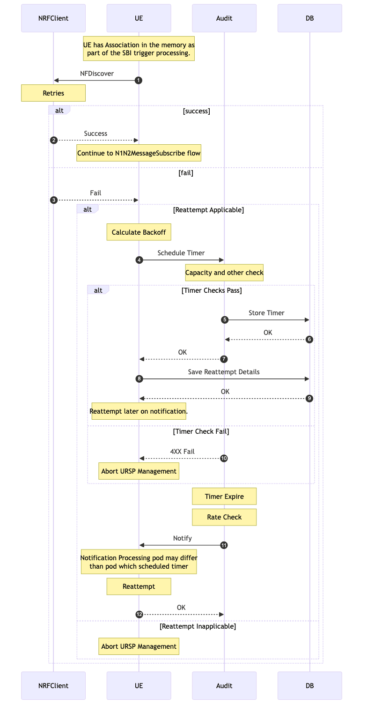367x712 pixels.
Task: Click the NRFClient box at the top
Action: pyautogui.click(x=53, y=18)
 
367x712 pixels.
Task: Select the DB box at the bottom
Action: pyautogui.click(x=309, y=686)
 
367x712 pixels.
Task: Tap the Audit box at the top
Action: pyautogui.click(x=224, y=18)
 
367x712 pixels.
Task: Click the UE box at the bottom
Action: pyautogui.click(x=139, y=686)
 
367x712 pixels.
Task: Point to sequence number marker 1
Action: pyautogui.click(x=139, y=81)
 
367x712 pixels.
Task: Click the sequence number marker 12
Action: pyautogui.click(x=139, y=615)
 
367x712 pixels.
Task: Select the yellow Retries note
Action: pyautogui.click(x=53, y=93)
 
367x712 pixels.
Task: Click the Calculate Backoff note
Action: pyautogui.click(x=139, y=232)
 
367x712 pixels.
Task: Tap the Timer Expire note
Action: pyautogui.click(x=224, y=497)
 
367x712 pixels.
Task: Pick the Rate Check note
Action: pyautogui.click(x=224, y=517)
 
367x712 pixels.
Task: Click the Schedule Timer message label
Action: pyautogui.click(x=181, y=253)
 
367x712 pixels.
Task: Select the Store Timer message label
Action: pyautogui.click(x=266, y=313)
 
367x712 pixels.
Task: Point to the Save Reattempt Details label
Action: pyautogui.click(x=224, y=372)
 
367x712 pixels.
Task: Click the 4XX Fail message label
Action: pyautogui.click(x=182, y=452)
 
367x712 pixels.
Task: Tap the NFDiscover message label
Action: pyautogui.click(x=97, y=74)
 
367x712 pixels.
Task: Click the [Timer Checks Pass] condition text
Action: pyautogui.click(x=211, y=290)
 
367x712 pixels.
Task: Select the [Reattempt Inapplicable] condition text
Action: pyautogui.click(x=198, y=626)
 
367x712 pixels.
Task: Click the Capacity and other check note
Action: pyautogui.click(x=224, y=273)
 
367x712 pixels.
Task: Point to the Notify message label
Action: pyautogui.click(x=182, y=538)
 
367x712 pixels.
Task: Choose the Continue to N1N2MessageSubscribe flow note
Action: pyautogui.click(x=139, y=153)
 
